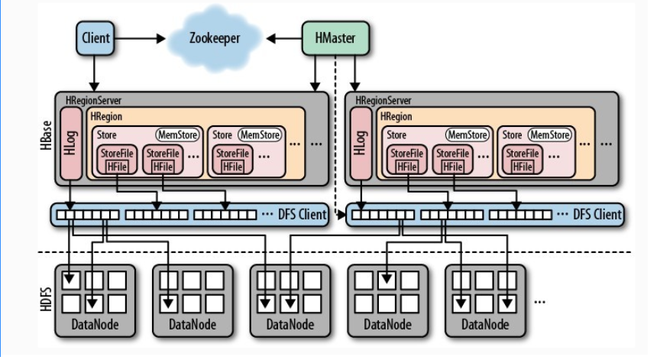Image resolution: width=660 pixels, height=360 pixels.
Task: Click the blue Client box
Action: point(95,38)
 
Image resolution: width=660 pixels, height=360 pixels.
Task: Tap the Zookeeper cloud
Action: point(214,38)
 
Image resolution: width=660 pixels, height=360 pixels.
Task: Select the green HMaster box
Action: point(335,38)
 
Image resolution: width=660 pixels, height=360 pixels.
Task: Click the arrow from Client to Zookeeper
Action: point(140,39)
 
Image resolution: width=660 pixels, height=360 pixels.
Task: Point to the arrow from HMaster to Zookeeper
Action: point(284,39)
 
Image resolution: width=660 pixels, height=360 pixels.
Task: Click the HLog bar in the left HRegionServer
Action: point(71,144)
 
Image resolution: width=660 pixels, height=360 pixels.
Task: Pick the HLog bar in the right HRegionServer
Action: point(361,144)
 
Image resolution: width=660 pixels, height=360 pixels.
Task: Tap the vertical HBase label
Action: point(46,135)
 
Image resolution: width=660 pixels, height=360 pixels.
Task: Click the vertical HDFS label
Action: point(46,300)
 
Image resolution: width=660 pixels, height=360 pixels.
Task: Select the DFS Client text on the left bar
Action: point(302,214)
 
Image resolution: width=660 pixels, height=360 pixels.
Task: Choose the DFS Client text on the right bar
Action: point(597,214)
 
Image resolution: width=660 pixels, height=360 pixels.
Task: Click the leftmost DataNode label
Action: point(95,325)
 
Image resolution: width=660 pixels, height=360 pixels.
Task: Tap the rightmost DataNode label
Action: point(485,325)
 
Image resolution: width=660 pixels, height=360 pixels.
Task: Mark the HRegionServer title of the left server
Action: point(93,101)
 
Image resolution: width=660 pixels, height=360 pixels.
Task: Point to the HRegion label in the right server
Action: point(396,117)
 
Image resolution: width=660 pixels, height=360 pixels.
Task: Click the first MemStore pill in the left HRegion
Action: point(177,135)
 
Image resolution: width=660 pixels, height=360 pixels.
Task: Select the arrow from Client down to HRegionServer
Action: point(94,73)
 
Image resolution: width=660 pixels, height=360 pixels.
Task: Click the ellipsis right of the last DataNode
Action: point(539,301)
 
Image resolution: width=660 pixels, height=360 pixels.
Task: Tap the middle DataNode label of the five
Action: point(290,325)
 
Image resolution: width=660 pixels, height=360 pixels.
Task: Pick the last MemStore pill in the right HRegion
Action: point(550,135)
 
